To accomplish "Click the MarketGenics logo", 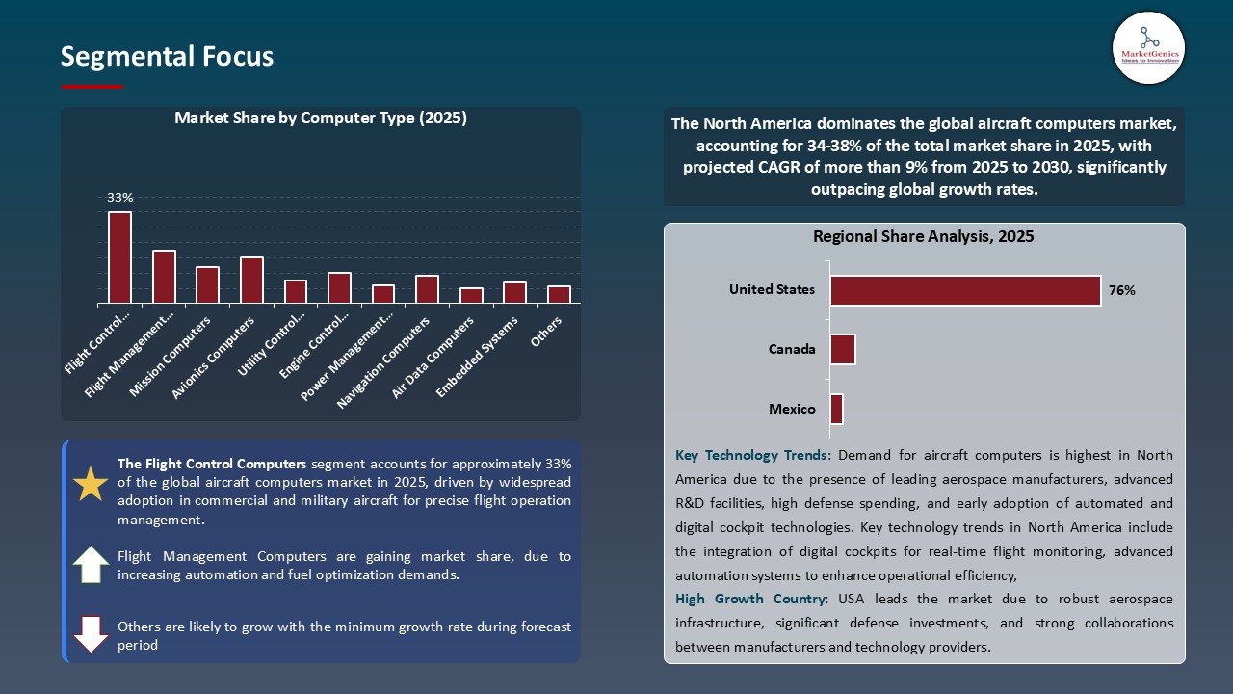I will tap(1148, 47).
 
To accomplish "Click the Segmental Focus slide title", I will tap(167, 57).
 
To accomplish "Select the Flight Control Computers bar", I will tap(119, 257).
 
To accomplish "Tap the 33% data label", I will tap(119, 198).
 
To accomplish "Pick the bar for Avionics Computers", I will tap(251, 280).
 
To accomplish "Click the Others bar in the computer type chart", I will tap(559, 294).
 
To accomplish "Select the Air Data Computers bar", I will tap(471, 295).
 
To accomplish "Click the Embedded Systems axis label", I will tap(478, 356).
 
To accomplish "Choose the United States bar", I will tap(965, 290).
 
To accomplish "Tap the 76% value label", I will tap(1122, 290).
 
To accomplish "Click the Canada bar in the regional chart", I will tap(843, 349).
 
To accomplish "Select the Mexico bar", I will tap(836, 409).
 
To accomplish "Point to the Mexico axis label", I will tap(792, 409).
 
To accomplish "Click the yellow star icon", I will tap(91, 484).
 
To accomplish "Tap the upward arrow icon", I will tap(91, 564).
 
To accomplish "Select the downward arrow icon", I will tap(91, 633).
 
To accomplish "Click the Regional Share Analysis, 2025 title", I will tap(923, 236).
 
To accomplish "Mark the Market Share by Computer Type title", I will tap(320, 119).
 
